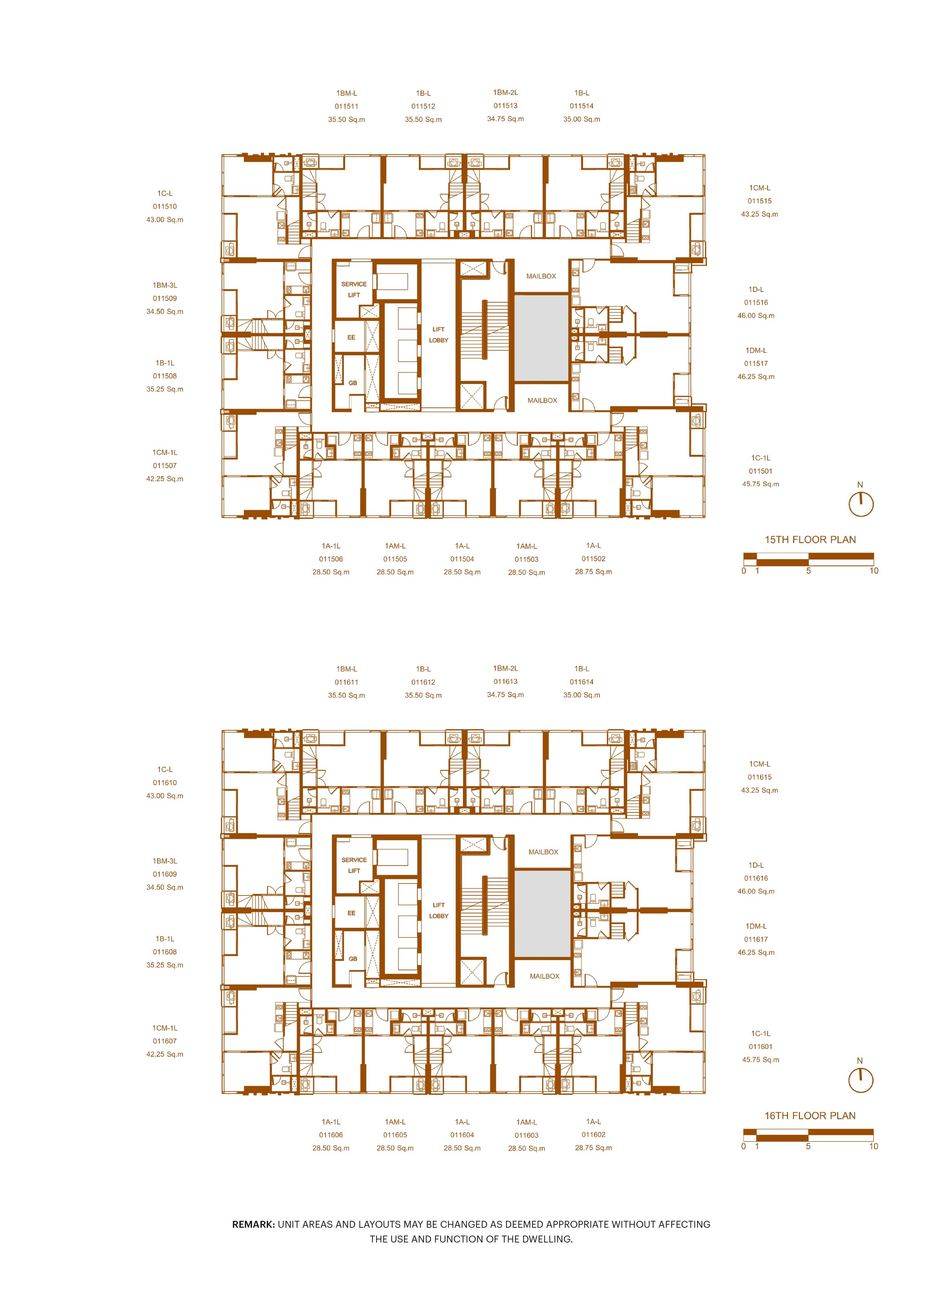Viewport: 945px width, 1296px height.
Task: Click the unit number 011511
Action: (347, 106)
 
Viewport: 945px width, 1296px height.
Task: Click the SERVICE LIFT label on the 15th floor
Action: (354, 289)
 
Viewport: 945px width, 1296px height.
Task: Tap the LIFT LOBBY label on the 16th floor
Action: (439, 911)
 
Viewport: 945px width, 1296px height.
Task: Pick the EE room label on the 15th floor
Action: (351, 337)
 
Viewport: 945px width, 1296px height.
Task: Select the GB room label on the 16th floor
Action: (353, 959)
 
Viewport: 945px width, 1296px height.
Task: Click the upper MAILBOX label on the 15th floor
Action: (541, 276)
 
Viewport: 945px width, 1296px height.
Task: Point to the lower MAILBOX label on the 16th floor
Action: (545, 976)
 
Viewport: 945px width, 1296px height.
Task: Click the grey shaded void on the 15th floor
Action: (541, 338)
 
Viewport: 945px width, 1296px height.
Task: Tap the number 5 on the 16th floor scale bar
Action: (808, 1146)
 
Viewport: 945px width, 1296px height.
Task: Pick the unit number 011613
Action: (506, 682)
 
